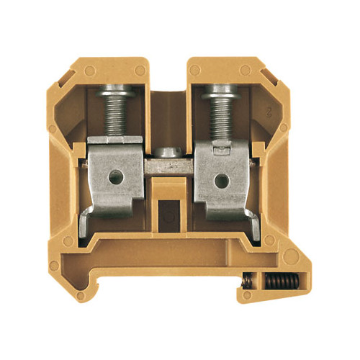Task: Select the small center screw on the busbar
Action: pos(168,152)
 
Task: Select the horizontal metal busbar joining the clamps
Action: pos(170,165)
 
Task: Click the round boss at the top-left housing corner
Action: pos(90,71)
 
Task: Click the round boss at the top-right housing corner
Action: pos(246,70)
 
